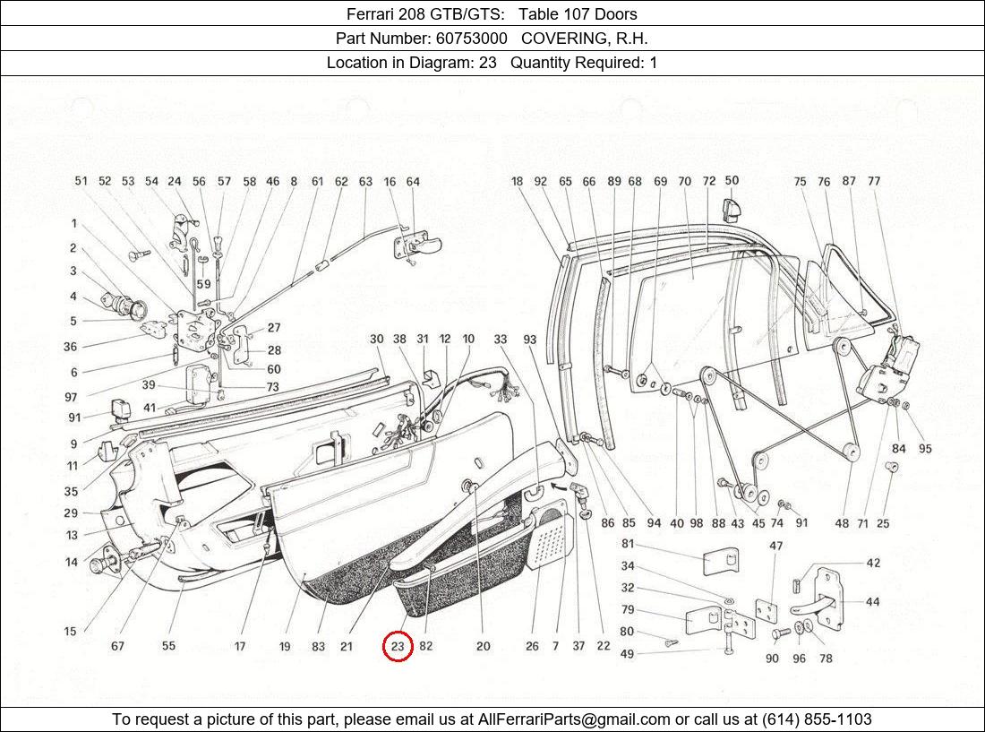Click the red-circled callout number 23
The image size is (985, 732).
398,646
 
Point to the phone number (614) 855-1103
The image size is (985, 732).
816,719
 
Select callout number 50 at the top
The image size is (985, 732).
732,180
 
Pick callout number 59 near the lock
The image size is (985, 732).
204,285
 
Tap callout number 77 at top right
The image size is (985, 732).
874,181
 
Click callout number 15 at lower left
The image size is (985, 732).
70,632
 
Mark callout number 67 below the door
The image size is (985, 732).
117,646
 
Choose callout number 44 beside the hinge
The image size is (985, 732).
872,602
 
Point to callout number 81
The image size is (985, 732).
628,544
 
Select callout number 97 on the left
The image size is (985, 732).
71,397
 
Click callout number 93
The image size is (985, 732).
529,340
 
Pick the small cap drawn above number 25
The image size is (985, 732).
891,468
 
